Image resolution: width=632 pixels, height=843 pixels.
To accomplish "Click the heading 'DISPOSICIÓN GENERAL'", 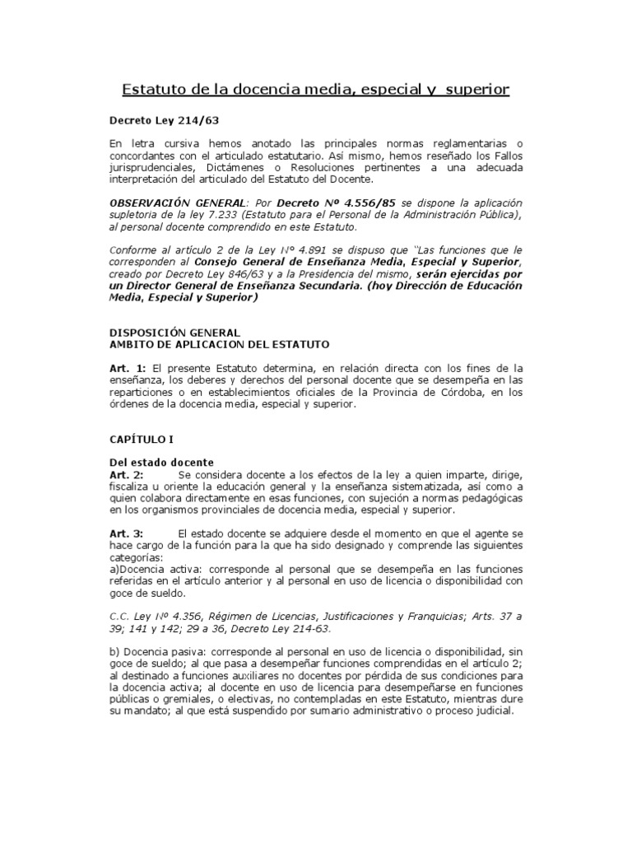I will (x=163, y=333).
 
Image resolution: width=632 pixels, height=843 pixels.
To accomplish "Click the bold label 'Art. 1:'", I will (x=127, y=368).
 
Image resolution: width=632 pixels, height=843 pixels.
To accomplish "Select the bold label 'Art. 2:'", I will (x=127, y=475).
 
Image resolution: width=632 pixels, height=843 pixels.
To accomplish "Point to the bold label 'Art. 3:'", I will (x=127, y=534).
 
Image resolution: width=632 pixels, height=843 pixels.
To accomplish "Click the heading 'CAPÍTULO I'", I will (x=140, y=440).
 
